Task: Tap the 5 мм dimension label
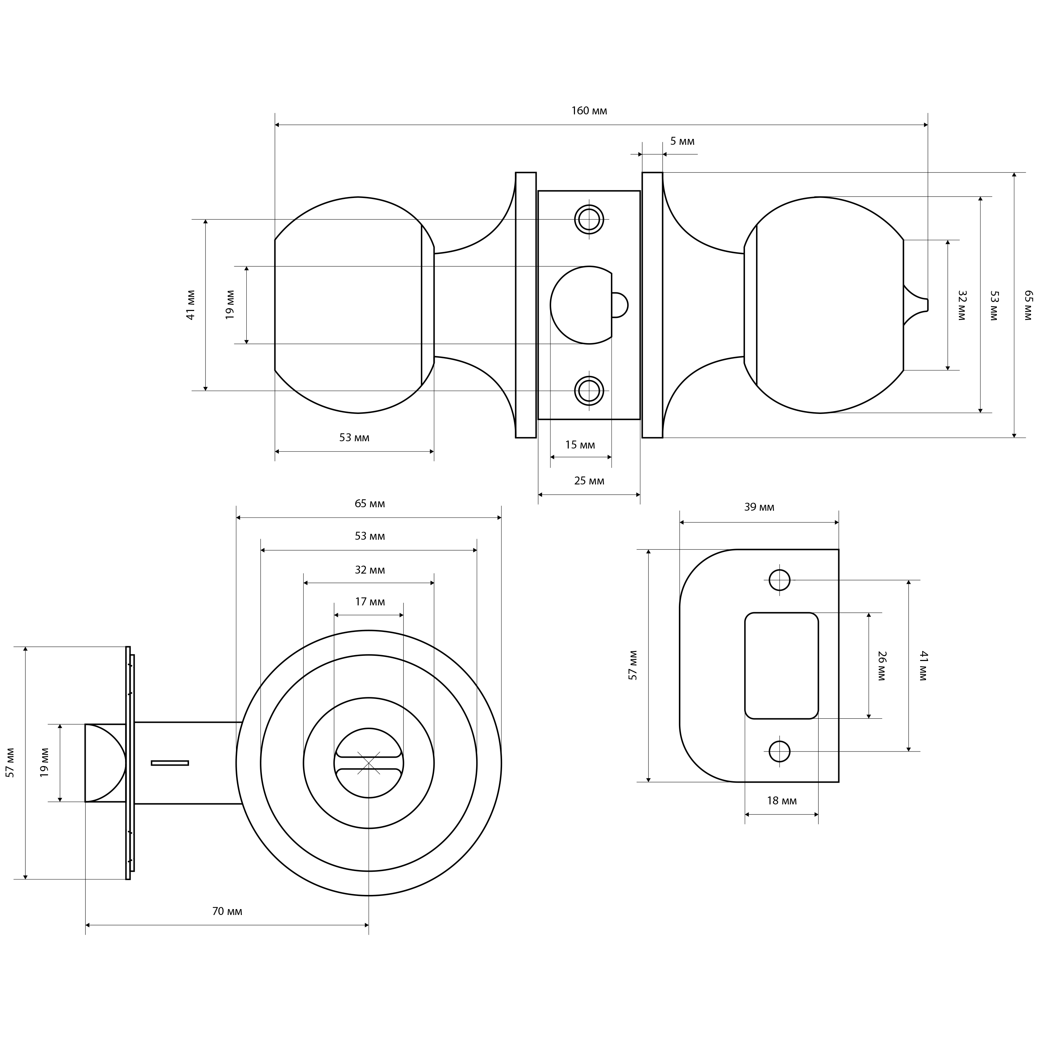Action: pyautogui.click(x=682, y=141)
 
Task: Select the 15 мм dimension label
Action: pyautogui.click(x=580, y=445)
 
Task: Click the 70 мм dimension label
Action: pyautogui.click(x=227, y=911)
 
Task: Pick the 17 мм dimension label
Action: pyautogui.click(x=370, y=602)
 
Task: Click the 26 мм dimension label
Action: pyautogui.click(x=881, y=666)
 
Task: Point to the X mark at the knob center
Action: pyautogui.click(x=369, y=763)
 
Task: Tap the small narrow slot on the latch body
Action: pyautogui.click(x=170, y=763)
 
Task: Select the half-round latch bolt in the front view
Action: pyautogui.click(x=105, y=763)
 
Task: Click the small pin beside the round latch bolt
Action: pyautogui.click(x=620, y=305)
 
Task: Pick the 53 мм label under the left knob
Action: pyautogui.click(x=355, y=438)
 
